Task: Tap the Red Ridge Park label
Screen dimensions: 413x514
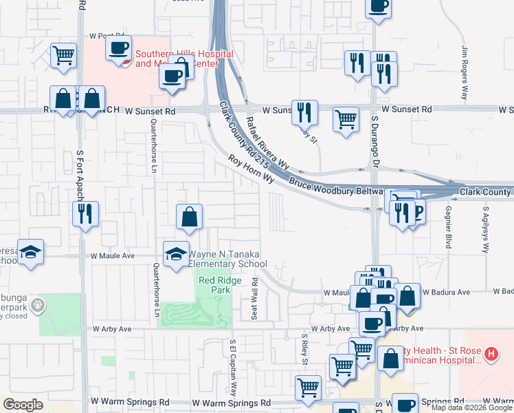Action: pyautogui.click(x=214, y=285)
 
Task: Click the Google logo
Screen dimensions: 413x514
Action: pyautogui.click(x=23, y=405)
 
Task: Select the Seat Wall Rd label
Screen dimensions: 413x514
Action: pyautogui.click(x=255, y=298)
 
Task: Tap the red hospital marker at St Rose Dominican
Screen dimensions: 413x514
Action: pyautogui.click(x=491, y=354)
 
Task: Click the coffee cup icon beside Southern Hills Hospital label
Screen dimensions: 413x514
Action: pyautogui.click(x=118, y=48)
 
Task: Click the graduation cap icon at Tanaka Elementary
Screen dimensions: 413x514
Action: pyautogui.click(x=175, y=252)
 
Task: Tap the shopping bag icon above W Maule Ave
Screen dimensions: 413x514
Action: pyautogui.click(x=189, y=216)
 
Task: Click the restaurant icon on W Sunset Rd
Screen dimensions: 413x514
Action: pyautogui.click(x=303, y=112)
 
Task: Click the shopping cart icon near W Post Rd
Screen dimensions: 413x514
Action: pyautogui.click(x=63, y=54)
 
